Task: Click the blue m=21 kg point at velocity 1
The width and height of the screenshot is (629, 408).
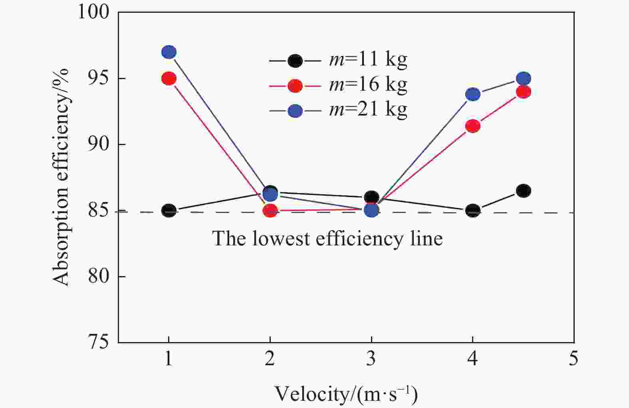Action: [169, 52]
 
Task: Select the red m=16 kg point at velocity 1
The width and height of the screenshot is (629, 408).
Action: [169, 78]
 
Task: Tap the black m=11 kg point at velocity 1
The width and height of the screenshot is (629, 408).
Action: [169, 211]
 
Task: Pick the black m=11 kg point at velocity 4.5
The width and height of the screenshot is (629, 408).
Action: [524, 191]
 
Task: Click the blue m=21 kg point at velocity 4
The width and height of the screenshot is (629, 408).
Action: [473, 94]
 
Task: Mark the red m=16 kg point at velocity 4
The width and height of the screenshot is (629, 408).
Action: [473, 126]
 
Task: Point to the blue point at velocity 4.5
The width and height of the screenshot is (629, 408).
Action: [524, 78]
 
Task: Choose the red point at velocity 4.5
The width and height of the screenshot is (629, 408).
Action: [524, 92]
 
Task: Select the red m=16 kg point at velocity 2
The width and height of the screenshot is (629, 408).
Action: [270, 211]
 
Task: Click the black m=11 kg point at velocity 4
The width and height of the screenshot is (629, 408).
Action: [473, 211]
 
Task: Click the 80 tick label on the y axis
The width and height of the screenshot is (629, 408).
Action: [98, 277]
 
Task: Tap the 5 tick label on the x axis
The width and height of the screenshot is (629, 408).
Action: [573, 358]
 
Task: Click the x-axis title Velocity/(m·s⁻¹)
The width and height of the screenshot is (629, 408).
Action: [346, 394]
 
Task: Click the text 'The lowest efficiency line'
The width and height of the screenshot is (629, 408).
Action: [327, 239]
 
